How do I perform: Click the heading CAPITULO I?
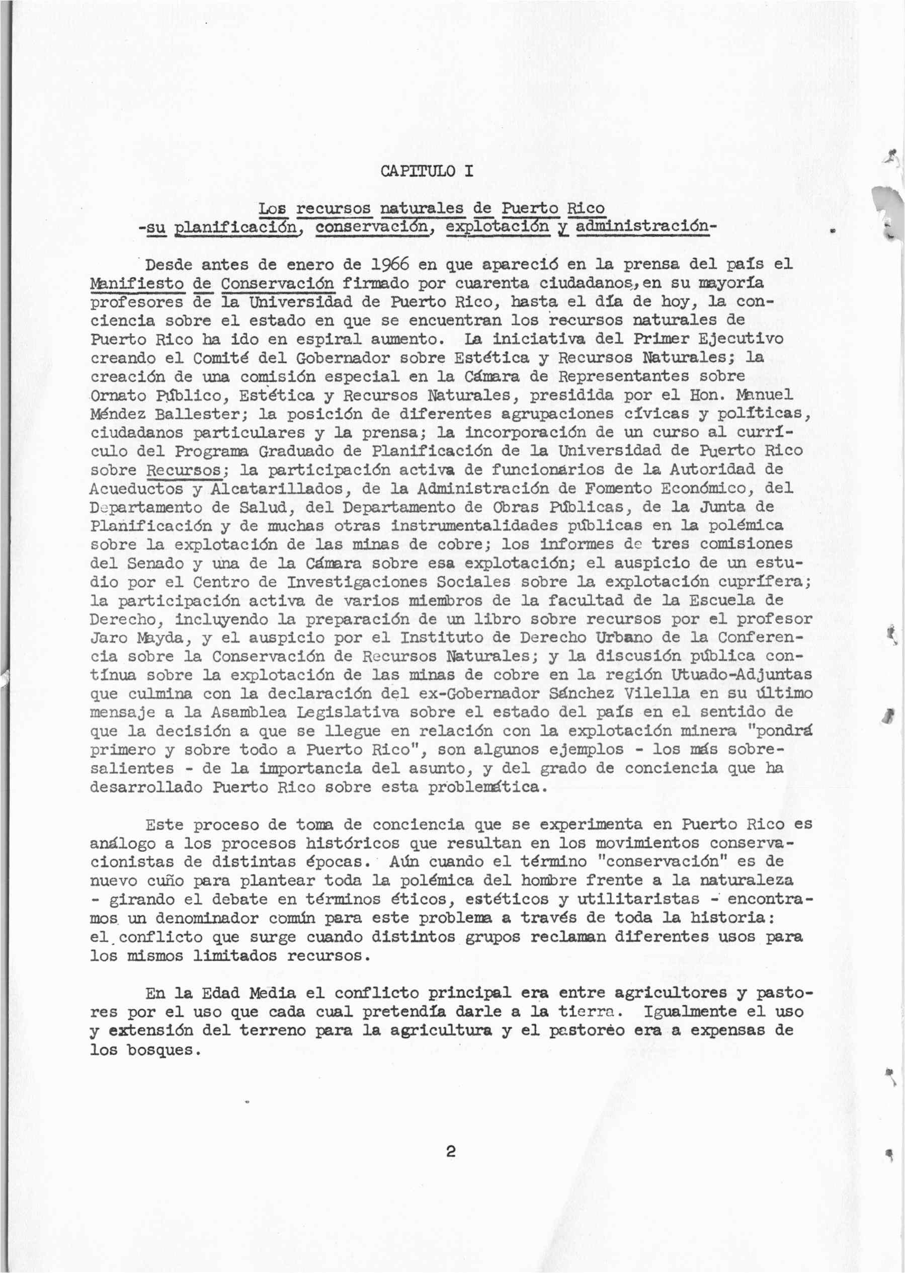[x=428, y=171]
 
